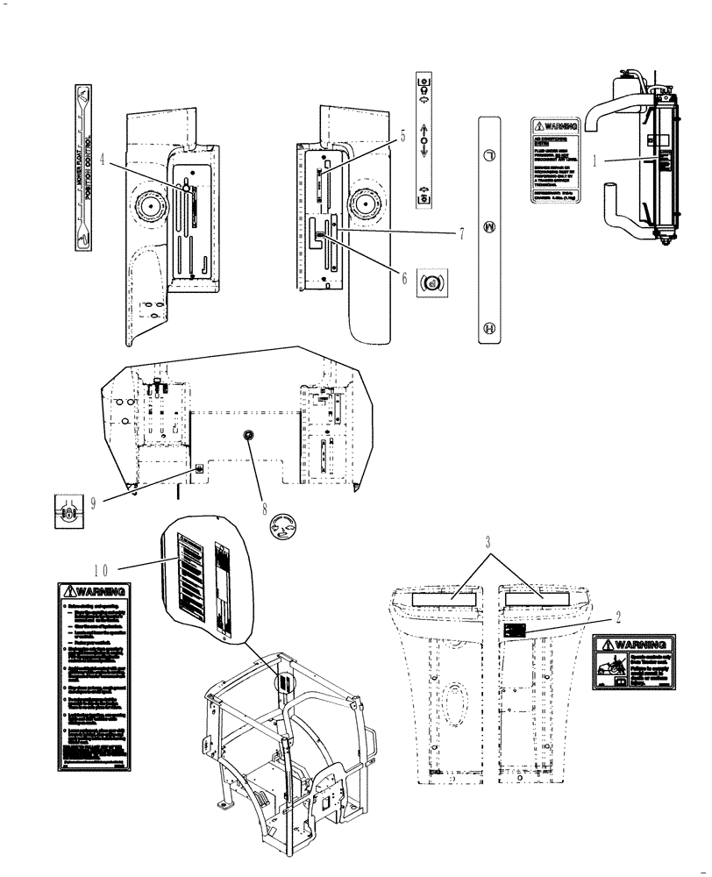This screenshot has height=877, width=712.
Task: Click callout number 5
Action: [x=402, y=135]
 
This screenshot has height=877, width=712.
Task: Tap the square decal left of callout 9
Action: [x=66, y=512]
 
